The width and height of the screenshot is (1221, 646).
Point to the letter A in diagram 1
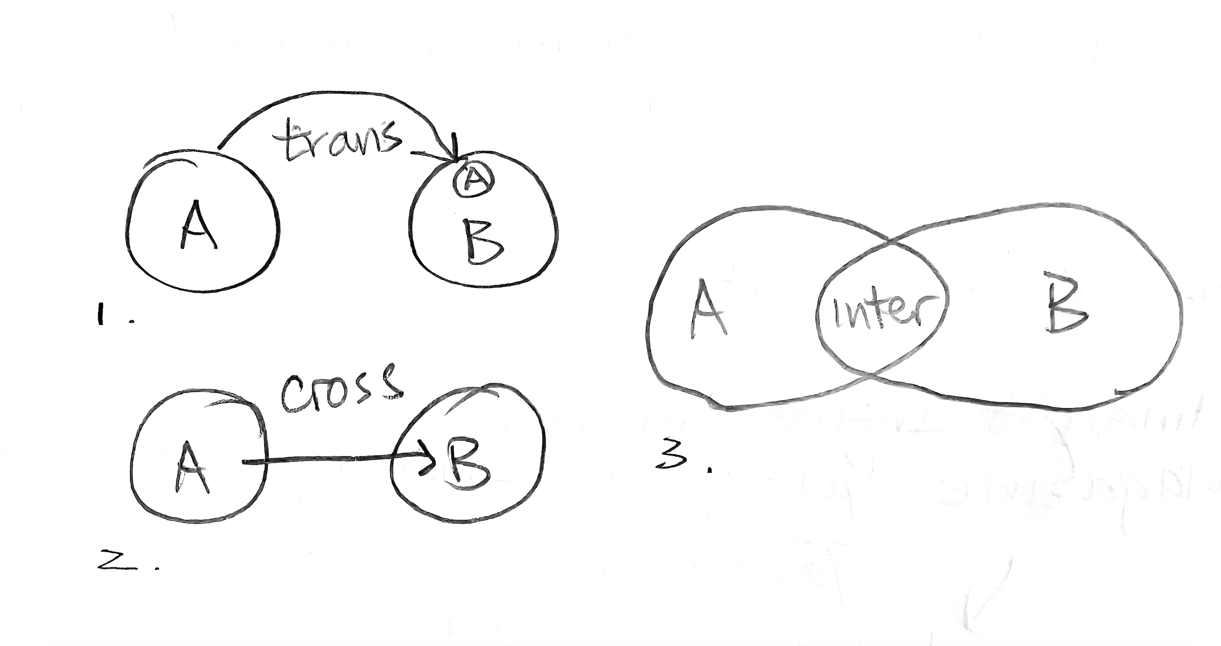(198, 225)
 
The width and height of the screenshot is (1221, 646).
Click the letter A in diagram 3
(707, 308)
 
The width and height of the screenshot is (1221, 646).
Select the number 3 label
(671, 457)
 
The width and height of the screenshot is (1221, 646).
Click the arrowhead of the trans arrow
(454, 156)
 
